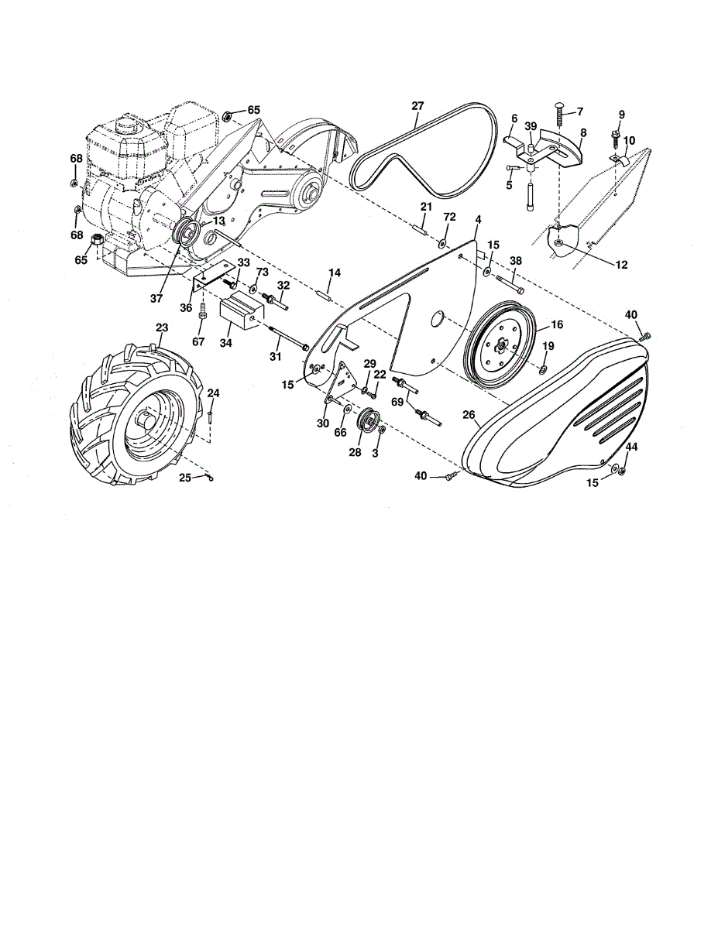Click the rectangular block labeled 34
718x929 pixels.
click(x=242, y=314)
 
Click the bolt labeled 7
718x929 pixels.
click(x=562, y=116)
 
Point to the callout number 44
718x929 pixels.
click(x=632, y=447)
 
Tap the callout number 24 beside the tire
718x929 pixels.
click(x=213, y=393)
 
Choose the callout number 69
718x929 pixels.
click(x=398, y=403)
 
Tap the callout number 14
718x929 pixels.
click(x=335, y=273)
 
